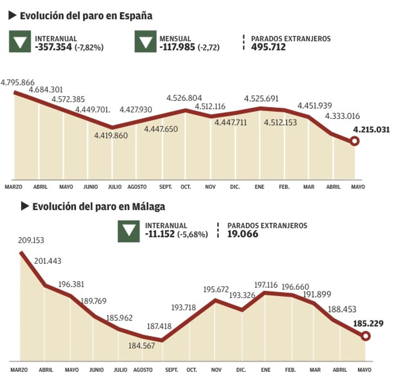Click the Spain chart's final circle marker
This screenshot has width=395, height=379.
355,141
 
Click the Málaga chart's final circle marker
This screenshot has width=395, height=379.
365,336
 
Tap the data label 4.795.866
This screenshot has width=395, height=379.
17,82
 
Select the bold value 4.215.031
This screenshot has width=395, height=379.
371,130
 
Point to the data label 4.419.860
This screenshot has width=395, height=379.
111,136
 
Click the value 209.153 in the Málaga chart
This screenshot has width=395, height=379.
31,240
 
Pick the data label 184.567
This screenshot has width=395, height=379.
142,346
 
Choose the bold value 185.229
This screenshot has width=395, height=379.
368,324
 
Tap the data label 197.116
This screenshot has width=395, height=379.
266,285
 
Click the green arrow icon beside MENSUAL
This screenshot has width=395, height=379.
145,42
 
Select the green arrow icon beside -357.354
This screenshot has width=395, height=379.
20,42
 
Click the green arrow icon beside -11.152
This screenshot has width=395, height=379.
129,231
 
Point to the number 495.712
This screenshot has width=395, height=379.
268,47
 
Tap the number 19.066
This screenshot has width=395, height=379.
243,234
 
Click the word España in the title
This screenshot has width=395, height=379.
136,16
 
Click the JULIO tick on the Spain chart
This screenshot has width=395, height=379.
115,187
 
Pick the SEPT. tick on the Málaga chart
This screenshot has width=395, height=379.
171,370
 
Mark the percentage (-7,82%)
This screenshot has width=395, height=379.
89,47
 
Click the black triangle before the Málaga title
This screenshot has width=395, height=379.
25,206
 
